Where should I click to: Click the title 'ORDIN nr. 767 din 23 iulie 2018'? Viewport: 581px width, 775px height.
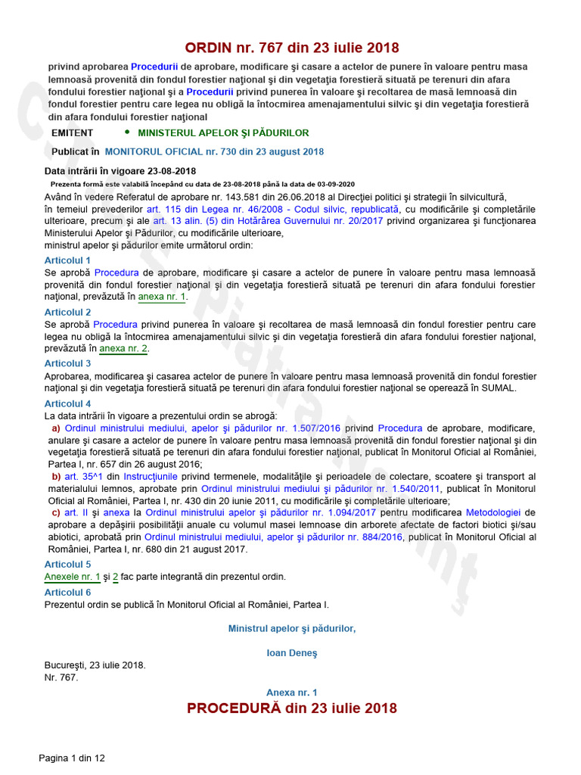pyautogui.click(x=292, y=48)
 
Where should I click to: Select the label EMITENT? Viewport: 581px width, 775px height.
pyautogui.click(x=72, y=132)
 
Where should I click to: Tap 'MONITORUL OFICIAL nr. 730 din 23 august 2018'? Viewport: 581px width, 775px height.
pyautogui.click(x=214, y=151)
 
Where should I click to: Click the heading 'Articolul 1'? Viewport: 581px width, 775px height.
pyautogui.click(x=67, y=260)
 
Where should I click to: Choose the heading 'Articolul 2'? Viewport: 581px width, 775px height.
pyautogui.click(x=67, y=312)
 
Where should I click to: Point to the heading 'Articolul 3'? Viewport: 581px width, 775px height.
pyautogui.click(x=67, y=363)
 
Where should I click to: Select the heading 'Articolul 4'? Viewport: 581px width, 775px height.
pyautogui.click(x=67, y=403)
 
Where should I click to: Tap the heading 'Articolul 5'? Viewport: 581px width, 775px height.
pyautogui.click(x=67, y=564)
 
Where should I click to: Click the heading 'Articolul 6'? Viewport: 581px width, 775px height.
pyautogui.click(x=67, y=593)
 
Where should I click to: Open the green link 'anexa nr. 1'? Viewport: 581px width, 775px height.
pyautogui.click(x=162, y=297)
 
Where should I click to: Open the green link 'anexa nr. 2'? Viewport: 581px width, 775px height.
pyautogui.click(x=124, y=349)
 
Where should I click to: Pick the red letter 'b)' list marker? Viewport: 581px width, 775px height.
pyautogui.click(x=56, y=476)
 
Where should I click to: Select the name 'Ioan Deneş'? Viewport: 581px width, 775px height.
pyautogui.click(x=292, y=652)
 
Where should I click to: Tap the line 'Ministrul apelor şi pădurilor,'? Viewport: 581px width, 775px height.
pyautogui.click(x=292, y=628)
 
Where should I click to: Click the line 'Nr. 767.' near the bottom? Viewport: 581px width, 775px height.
pyautogui.click(x=61, y=677)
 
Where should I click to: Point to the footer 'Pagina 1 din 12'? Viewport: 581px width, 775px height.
pyautogui.click(x=72, y=758)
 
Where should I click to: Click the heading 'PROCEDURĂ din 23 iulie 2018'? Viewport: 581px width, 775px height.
pyautogui.click(x=292, y=708)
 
